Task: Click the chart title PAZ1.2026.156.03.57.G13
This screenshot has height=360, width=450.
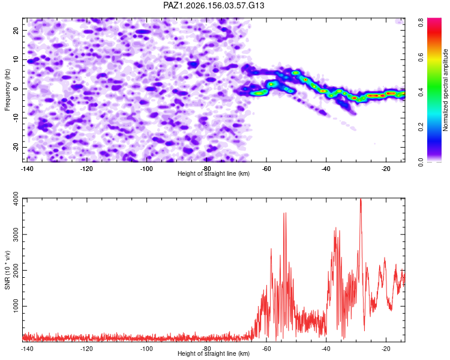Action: (x=214, y=5)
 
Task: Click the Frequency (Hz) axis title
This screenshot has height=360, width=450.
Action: (x=7, y=90)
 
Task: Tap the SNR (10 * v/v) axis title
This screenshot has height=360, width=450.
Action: (x=7, y=270)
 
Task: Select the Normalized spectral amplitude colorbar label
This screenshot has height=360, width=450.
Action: (x=445, y=90)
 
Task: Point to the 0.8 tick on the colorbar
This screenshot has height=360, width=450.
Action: (x=421, y=22)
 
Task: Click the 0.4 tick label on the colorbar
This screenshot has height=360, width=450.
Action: (x=421, y=92)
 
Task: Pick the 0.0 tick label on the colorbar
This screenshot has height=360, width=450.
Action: (x=421, y=162)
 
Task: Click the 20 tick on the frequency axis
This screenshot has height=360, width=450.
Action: (x=16, y=30)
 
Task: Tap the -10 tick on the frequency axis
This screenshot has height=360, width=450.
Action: (x=16, y=118)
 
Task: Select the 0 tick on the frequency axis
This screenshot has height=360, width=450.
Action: (x=16, y=89)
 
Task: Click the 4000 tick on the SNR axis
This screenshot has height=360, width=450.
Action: (x=16, y=199)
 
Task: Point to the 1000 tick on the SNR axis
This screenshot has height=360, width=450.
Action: (x=16, y=306)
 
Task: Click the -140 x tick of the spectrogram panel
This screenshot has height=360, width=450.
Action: (x=27, y=169)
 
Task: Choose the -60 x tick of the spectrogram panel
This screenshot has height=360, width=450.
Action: (x=266, y=169)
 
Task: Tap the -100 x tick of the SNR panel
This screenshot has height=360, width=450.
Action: (x=146, y=349)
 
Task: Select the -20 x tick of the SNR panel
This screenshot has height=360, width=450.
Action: (x=386, y=349)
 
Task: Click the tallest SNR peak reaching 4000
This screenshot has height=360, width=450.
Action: (x=361, y=199)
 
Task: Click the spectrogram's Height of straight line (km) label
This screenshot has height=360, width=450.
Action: (x=214, y=173)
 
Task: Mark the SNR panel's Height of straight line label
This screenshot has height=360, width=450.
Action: (x=214, y=353)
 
